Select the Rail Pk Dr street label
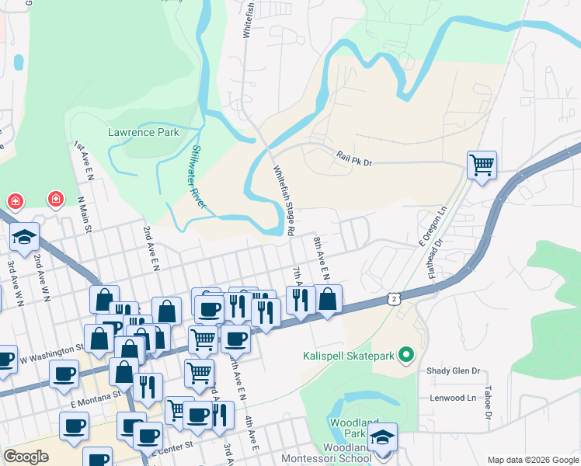pos(355,158)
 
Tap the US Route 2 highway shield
pos(395,298)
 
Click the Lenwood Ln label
pos(453,398)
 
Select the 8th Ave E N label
pos(321,258)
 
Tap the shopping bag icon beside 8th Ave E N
pos(328,299)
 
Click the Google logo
pos(26,457)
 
